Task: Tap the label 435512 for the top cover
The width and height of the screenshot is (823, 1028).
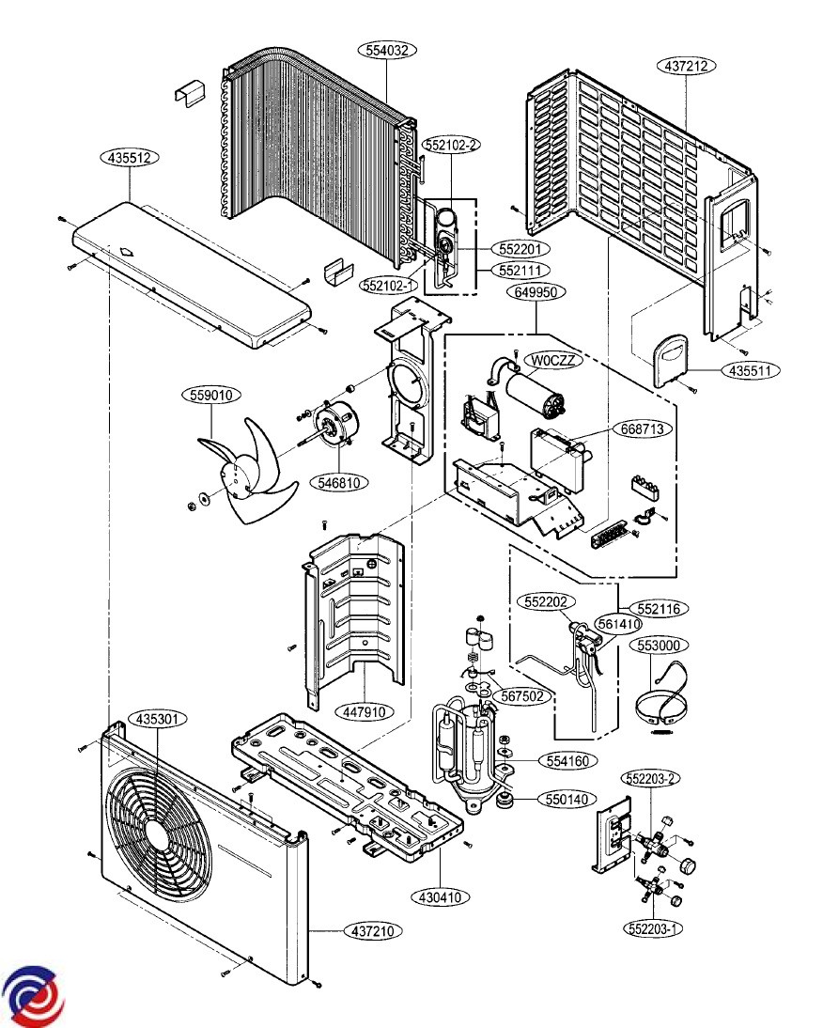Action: [x=130, y=158]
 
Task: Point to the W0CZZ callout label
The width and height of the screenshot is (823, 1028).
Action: [x=553, y=360]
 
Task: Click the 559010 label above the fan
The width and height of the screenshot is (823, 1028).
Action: [x=211, y=395]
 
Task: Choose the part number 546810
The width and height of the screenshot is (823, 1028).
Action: [x=339, y=483]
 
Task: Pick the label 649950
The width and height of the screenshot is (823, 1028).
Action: [x=536, y=291]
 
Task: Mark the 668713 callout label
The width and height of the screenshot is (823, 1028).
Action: [x=643, y=429]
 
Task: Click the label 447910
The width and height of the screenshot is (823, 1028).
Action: [x=365, y=710]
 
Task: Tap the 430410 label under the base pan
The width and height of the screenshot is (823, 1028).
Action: [x=441, y=896]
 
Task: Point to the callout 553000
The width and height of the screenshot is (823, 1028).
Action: [x=660, y=646]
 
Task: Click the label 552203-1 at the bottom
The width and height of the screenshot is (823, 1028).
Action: [x=653, y=928]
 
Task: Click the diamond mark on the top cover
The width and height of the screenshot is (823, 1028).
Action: [x=127, y=251]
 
